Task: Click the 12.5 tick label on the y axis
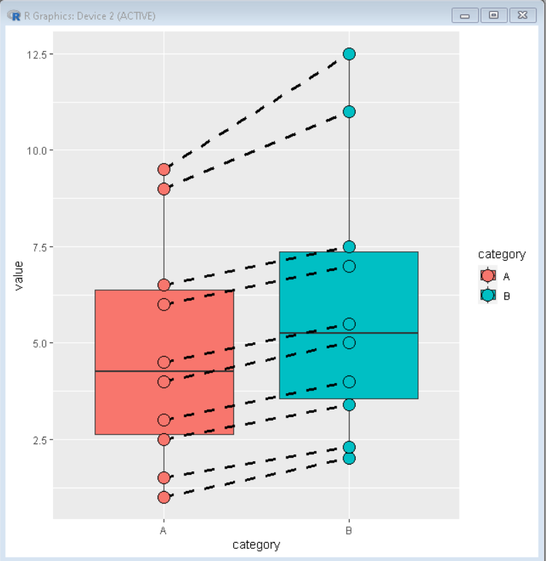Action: pos(36,54)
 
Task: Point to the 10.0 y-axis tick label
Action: pos(36,150)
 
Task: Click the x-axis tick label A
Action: pos(164,531)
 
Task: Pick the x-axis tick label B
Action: pos(349,531)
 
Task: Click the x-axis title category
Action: pos(256,545)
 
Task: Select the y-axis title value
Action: pos(18,275)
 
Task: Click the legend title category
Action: pos(502,255)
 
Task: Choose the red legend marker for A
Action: pos(488,276)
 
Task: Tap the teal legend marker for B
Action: pos(488,296)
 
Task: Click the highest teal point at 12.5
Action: pos(349,54)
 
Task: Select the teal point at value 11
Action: pos(349,111)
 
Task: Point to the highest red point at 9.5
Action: pos(164,169)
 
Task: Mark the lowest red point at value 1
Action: pos(164,497)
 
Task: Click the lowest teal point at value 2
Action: pos(349,458)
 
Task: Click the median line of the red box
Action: pos(129,372)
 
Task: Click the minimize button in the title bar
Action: pos(465,15)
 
